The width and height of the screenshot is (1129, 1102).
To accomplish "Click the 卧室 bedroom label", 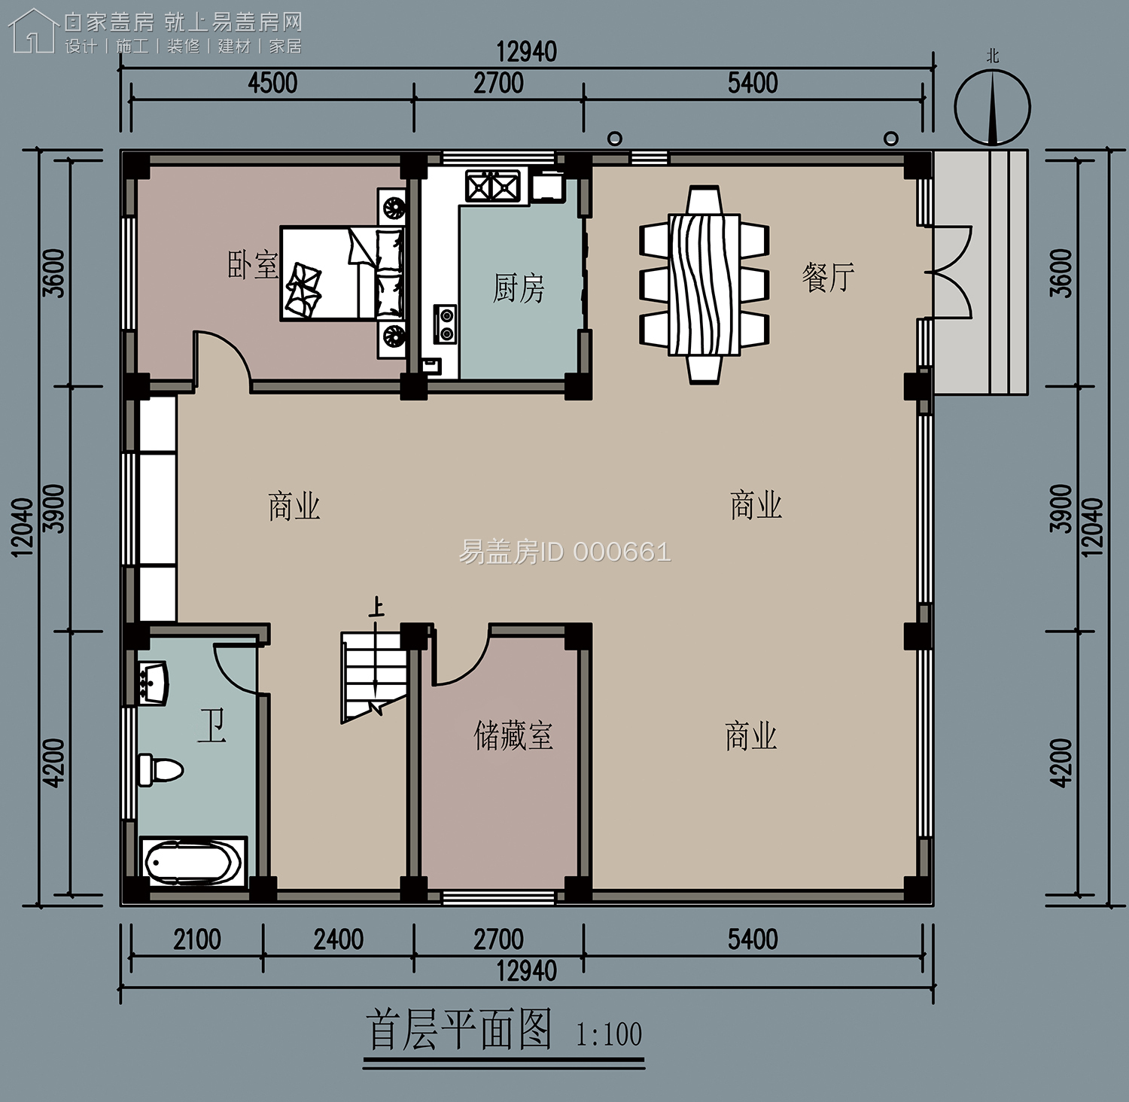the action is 253,266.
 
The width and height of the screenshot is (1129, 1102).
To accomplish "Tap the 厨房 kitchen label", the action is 519,288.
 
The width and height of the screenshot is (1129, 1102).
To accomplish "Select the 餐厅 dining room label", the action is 828,277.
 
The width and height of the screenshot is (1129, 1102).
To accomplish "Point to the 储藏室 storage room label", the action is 513,735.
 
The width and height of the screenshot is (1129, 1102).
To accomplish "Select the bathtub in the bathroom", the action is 193,863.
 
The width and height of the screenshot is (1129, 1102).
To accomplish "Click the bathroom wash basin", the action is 153,683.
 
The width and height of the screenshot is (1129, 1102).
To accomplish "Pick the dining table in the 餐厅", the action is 704,285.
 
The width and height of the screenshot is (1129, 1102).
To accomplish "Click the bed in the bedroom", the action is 342,273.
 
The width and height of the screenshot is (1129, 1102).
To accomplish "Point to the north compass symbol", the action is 992,107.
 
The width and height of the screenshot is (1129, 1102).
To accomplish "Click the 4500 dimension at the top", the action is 272,83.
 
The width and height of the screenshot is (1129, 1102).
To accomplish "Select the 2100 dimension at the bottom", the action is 197,939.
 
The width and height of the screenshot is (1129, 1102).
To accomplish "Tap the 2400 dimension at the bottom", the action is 339,939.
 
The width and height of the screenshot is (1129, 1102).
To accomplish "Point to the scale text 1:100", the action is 609,1035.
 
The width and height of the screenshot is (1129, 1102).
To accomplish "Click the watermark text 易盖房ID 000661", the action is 564,553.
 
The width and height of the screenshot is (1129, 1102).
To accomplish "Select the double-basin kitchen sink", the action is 493,186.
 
